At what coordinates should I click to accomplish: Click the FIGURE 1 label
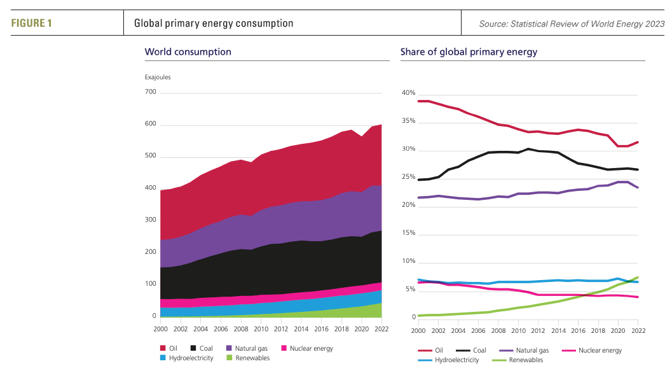[31, 24]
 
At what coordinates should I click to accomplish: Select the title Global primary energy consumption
[214, 24]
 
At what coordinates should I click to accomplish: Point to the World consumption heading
[188, 52]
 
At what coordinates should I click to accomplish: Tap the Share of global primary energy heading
[469, 52]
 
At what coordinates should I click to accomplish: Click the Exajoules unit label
[158, 78]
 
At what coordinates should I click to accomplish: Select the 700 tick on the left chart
[150, 92]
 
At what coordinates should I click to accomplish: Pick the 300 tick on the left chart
[150, 220]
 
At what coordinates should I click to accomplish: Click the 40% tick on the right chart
[408, 94]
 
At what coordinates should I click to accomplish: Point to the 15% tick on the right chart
[408, 234]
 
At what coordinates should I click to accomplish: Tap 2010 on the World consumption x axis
[261, 330]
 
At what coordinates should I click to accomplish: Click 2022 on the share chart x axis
[638, 331]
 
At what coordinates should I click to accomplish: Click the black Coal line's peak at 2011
[528, 149]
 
